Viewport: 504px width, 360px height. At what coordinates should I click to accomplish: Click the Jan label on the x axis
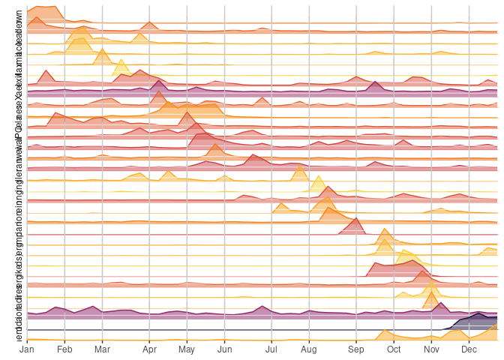click(27, 349)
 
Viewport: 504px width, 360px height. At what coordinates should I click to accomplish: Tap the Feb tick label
click(64, 349)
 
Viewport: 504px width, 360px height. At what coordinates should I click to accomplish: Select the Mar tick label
click(103, 349)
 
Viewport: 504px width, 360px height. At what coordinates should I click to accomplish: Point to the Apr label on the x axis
click(150, 349)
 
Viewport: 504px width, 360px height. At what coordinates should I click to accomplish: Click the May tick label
click(187, 349)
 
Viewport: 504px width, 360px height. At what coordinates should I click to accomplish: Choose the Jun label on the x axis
click(224, 349)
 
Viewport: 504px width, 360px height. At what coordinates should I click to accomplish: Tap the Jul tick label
click(271, 349)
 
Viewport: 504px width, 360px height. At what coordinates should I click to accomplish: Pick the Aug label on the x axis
click(308, 349)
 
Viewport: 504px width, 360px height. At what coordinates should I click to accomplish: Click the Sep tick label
click(355, 349)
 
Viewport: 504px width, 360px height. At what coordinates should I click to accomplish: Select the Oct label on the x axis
click(393, 349)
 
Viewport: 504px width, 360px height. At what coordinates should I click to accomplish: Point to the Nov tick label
click(431, 349)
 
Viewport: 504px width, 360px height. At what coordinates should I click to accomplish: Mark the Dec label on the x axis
click(469, 349)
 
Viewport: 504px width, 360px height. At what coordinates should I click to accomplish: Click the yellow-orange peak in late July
click(300, 166)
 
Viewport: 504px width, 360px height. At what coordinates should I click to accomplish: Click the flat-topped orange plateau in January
click(45, 7)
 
